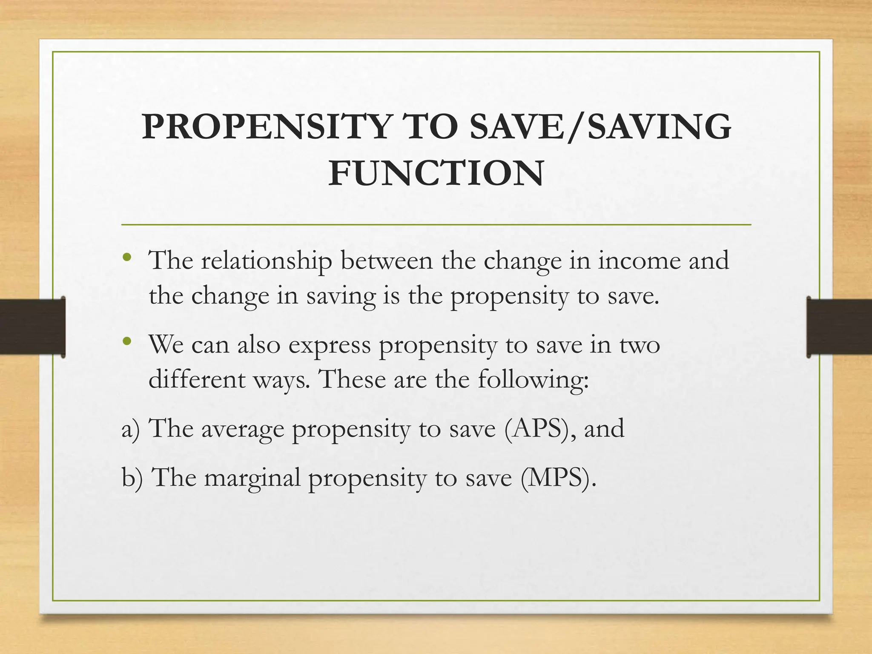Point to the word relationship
[x=267, y=261]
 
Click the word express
[x=330, y=345]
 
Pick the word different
[x=197, y=379]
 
